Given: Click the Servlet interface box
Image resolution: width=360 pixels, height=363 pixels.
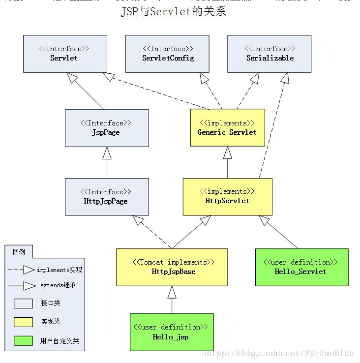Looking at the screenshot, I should click(64, 54).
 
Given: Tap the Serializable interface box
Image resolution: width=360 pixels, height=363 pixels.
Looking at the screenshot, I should click(270, 54).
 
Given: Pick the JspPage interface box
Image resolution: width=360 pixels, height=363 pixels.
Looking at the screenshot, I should click(106, 128).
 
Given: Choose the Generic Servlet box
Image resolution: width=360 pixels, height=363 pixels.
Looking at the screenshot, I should click(227, 127).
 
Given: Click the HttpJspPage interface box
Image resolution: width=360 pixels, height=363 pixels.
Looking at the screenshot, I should click(106, 197).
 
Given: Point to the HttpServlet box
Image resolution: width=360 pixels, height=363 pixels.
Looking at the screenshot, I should click(227, 196).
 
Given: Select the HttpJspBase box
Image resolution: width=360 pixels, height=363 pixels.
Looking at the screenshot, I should click(172, 267).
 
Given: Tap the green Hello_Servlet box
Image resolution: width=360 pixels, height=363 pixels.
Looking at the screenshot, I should click(301, 267).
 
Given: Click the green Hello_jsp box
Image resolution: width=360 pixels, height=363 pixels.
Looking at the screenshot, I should click(172, 332).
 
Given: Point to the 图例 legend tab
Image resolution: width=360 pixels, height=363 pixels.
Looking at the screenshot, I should click(19, 252).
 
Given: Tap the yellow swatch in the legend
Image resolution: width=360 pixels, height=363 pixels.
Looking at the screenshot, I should click(23, 322).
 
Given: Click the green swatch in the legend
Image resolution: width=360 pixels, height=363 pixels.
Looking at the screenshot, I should click(23, 340).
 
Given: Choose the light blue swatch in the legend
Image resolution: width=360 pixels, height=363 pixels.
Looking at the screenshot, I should click(23, 303).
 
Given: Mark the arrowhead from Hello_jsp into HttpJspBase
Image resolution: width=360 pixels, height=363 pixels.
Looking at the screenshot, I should click(172, 292).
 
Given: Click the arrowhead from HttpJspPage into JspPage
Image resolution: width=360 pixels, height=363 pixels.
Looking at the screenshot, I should click(107, 153).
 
